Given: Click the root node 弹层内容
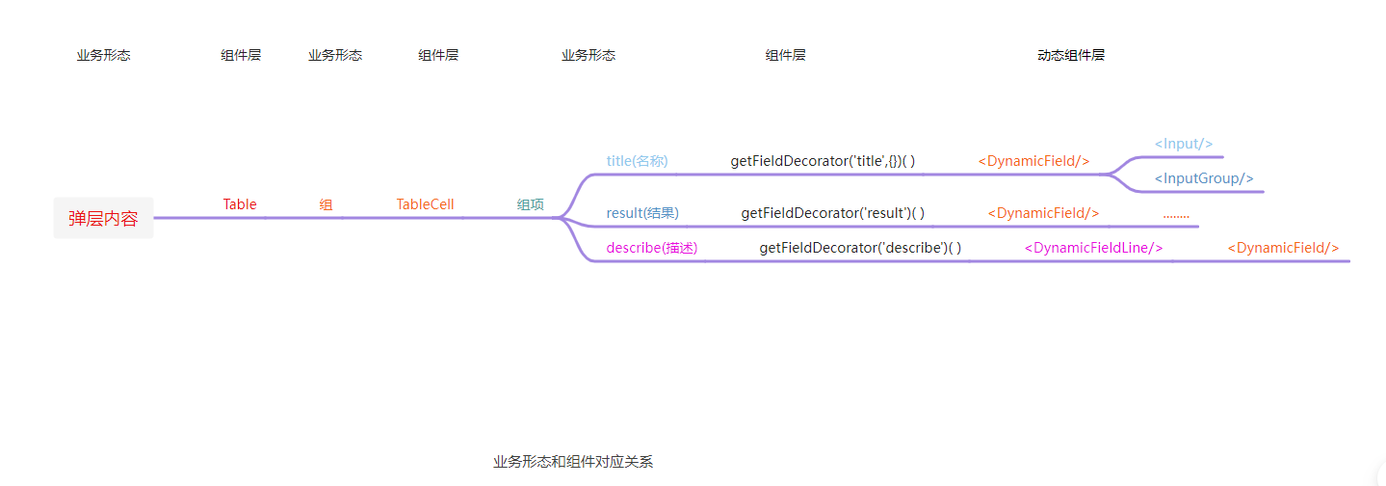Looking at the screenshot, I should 103,218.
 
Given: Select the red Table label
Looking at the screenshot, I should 240,204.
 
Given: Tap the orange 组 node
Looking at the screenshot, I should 327,204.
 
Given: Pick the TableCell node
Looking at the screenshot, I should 425,204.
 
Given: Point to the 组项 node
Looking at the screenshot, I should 531,204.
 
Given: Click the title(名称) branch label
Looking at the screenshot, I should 637,161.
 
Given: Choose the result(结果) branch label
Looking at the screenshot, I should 642,213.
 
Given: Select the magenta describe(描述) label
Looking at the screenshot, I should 652,248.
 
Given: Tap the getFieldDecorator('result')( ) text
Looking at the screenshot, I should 832,213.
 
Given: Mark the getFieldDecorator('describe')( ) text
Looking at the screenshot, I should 860,248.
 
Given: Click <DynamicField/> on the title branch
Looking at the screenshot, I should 1033,161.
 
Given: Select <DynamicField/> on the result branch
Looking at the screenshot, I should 1043,213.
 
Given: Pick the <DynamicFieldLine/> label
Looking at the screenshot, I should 1093,248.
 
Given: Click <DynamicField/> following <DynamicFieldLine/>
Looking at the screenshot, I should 1283,248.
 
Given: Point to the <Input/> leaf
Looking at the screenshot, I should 1184,144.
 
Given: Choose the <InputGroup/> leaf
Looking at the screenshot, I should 1204,178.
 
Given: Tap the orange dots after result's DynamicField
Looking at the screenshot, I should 1176,214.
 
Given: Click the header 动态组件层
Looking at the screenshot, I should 1071,55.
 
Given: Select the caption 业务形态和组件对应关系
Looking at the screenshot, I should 573,462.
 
